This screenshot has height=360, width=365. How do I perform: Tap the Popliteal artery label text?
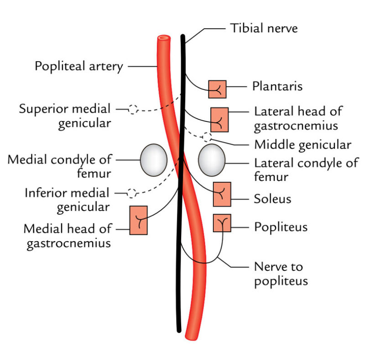[x=79, y=67]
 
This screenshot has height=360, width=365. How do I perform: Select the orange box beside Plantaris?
[x=217, y=89]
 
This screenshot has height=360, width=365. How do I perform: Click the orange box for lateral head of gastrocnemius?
[x=219, y=120]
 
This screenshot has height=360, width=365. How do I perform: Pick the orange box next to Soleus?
[x=222, y=194]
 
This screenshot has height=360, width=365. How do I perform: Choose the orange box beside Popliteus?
[x=222, y=223]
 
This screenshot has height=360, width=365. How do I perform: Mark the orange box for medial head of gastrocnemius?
[x=138, y=220]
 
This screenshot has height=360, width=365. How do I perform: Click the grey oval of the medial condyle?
[x=153, y=160]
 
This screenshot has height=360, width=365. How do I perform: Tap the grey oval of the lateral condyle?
[x=212, y=160]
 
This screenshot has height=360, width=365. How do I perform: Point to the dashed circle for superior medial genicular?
[x=133, y=109]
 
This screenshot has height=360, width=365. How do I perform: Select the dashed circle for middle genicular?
[x=207, y=137]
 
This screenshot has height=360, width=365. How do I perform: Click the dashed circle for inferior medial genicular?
[x=132, y=193]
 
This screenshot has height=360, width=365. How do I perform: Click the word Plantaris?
[x=277, y=86]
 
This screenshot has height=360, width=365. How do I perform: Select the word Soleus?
[x=272, y=199]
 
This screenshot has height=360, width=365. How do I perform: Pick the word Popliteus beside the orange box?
[x=280, y=227]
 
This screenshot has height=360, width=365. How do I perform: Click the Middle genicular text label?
[x=302, y=145]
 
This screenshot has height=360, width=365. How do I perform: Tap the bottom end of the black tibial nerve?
[x=179, y=328]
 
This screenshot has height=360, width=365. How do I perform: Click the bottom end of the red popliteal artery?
[x=192, y=337]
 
